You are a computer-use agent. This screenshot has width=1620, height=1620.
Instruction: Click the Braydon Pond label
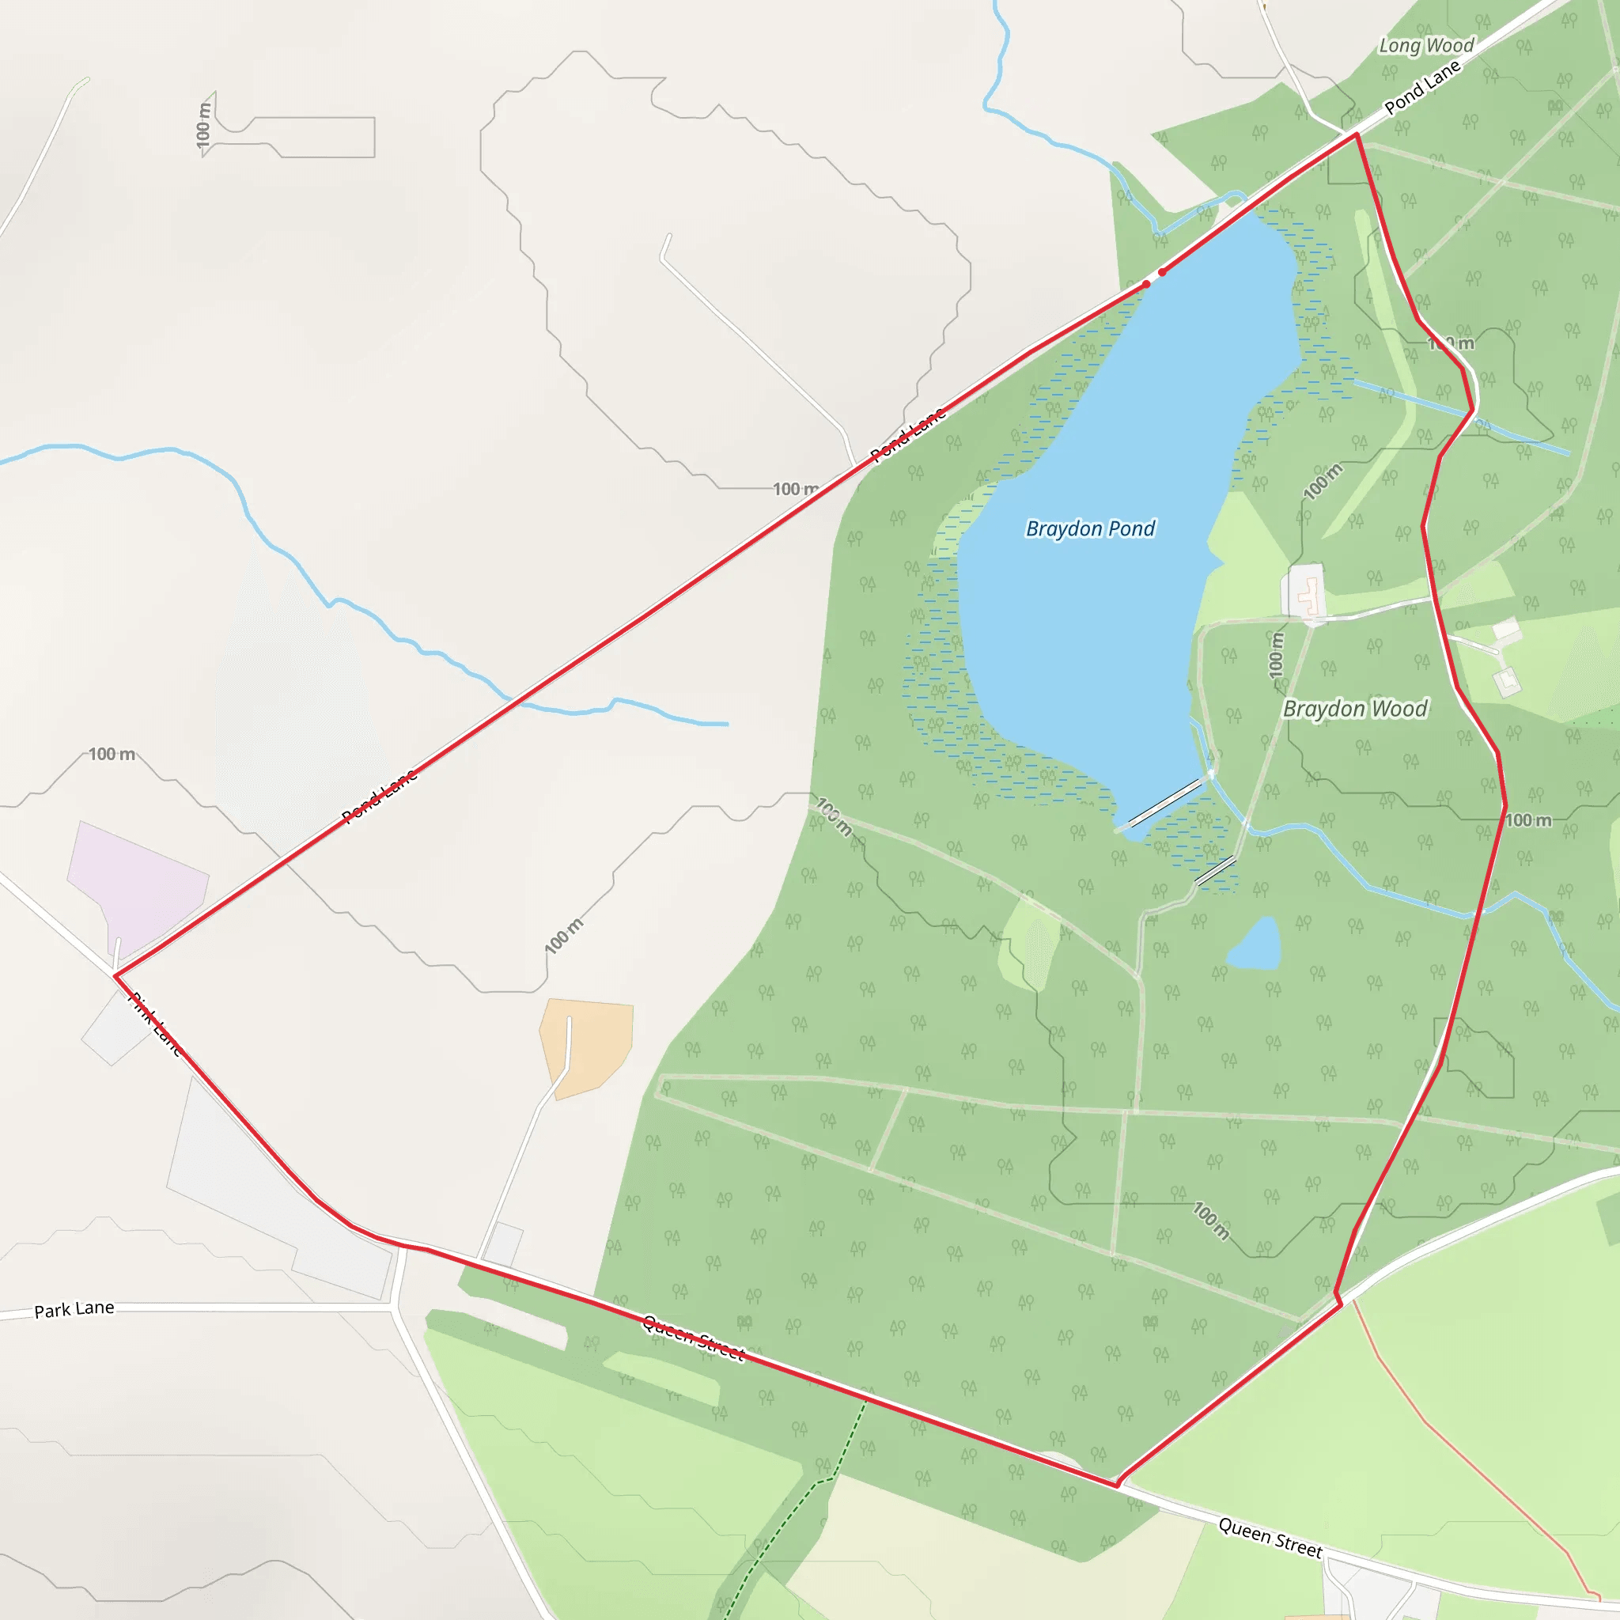(1090, 528)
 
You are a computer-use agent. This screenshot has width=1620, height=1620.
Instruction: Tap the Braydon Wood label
(1354, 709)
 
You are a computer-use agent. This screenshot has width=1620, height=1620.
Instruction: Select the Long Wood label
(1426, 45)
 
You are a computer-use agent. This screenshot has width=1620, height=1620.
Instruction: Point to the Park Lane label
(74, 1309)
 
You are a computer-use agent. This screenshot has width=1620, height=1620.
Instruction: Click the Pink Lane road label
(155, 1023)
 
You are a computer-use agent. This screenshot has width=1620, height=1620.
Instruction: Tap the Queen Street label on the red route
(694, 1337)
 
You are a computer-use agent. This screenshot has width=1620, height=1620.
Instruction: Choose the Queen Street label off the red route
(1270, 1537)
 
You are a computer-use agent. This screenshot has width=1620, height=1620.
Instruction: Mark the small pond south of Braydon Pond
(1255, 946)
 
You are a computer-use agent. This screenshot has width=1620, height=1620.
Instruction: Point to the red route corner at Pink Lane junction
(115, 975)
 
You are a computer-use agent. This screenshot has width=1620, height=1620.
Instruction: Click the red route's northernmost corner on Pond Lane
(1356, 134)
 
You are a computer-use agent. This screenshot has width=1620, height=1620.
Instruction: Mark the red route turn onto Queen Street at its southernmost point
(1117, 1485)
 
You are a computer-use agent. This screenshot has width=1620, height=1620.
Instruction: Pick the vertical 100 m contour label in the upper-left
(204, 125)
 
